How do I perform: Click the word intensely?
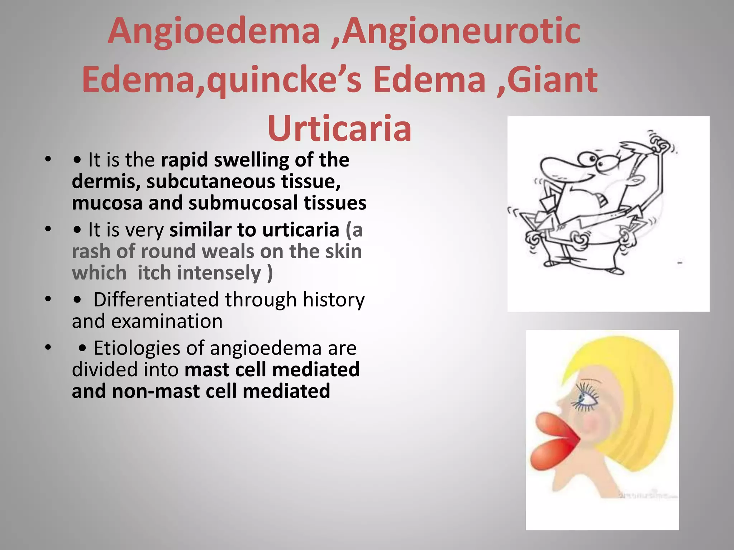(x=219, y=273)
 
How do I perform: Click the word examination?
(x=167, y=321)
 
